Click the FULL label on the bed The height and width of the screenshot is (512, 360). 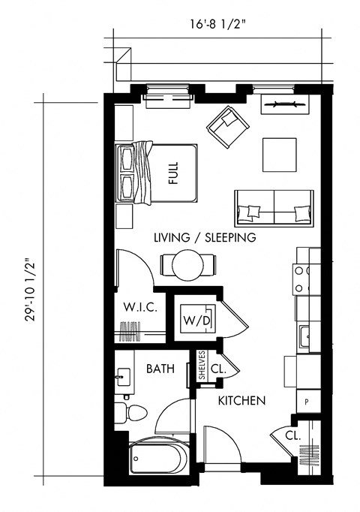click(174, 174)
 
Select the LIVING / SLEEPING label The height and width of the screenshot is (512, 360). click(205, 237)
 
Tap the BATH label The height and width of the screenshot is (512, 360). click(160, 369)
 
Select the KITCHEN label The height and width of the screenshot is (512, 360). click(241, 401)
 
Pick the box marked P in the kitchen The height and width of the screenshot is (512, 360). click(307, 402)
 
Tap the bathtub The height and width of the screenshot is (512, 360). click(157, 457)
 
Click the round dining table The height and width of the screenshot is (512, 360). click(187, 265)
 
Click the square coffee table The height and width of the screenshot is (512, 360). click(280, 154)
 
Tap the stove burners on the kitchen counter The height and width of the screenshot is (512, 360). click(303, 279)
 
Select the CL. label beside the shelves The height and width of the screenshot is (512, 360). click(219, 369)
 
